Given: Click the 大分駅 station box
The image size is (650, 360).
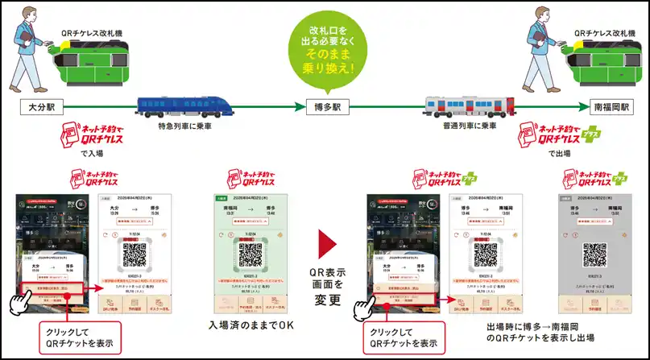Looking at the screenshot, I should point(40,106).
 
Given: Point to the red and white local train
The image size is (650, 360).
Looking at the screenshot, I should point(469,106).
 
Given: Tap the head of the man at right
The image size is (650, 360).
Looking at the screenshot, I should point(541,14).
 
